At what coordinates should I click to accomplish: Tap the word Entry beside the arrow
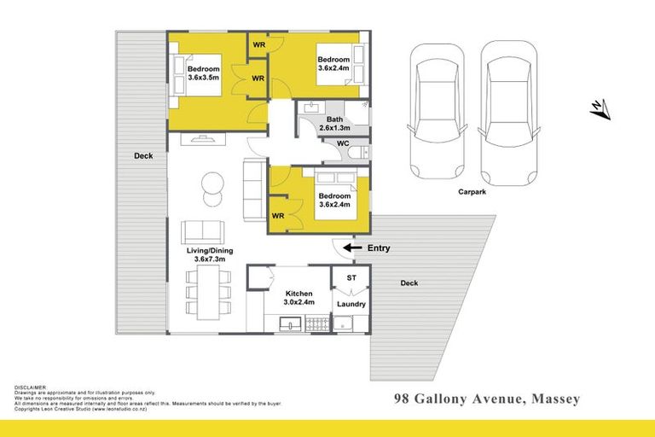(378, 248)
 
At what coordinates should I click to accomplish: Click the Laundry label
(351, 304)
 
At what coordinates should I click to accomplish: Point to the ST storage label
(351, 278)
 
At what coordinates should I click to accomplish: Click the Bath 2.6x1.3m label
(333, 124)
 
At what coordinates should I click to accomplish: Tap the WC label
(343, 143)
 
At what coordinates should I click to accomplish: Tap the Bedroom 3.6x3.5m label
(203, 73)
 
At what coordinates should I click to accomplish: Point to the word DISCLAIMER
(32, 387)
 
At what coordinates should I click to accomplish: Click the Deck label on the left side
(143, 156)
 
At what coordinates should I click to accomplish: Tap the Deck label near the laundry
(409, 283)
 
